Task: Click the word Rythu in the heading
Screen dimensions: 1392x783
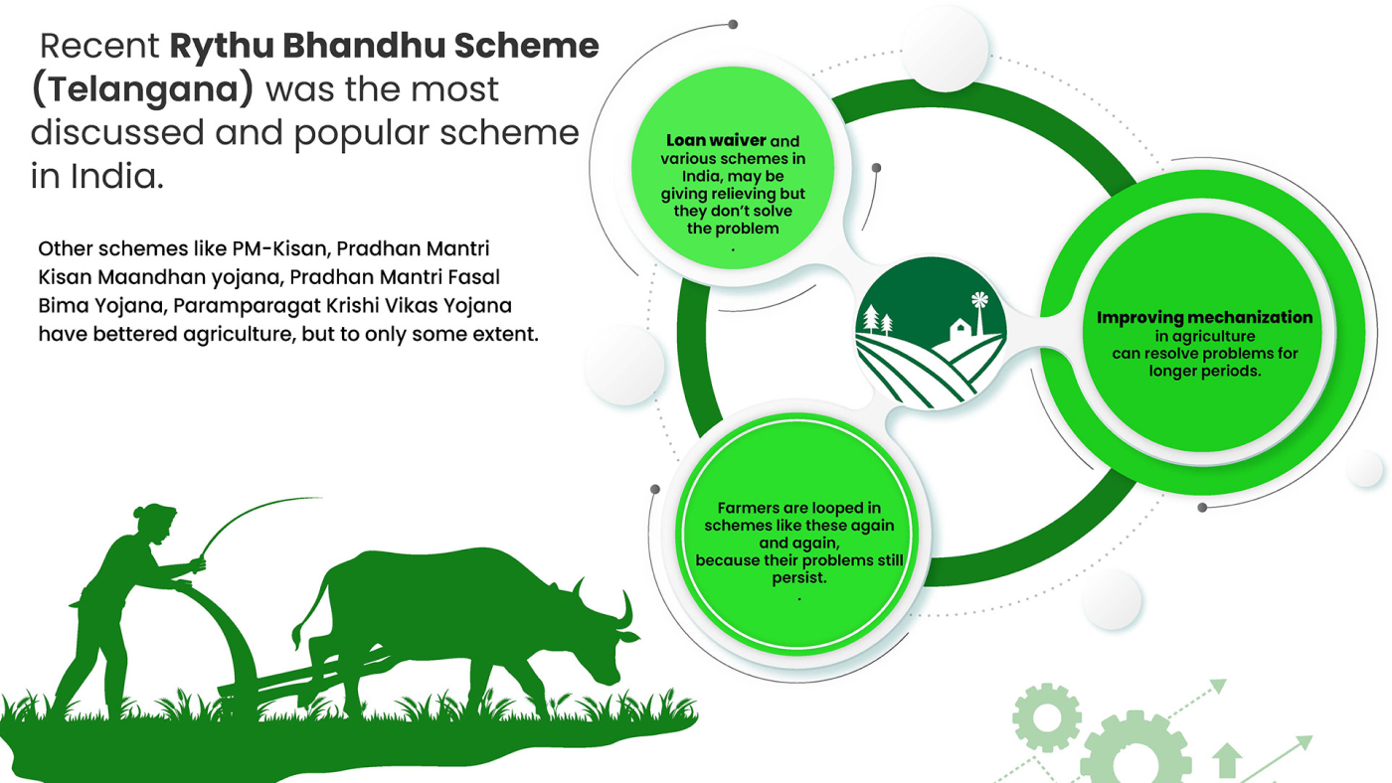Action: pos(222,47)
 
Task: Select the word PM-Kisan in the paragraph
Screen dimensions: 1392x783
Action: pos(279,248)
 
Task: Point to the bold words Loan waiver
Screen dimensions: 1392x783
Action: pos(716,141)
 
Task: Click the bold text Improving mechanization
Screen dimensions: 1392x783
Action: pos(1204,317)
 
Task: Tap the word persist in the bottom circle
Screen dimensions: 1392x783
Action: pos(798,578)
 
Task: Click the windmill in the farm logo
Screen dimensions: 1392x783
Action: pos(979,313)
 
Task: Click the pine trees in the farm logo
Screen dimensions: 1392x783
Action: pos(876,320)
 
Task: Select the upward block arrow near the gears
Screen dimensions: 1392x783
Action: pos(1227,760)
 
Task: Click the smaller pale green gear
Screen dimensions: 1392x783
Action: pos(1047,717)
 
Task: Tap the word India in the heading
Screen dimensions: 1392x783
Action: pos(116,177)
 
